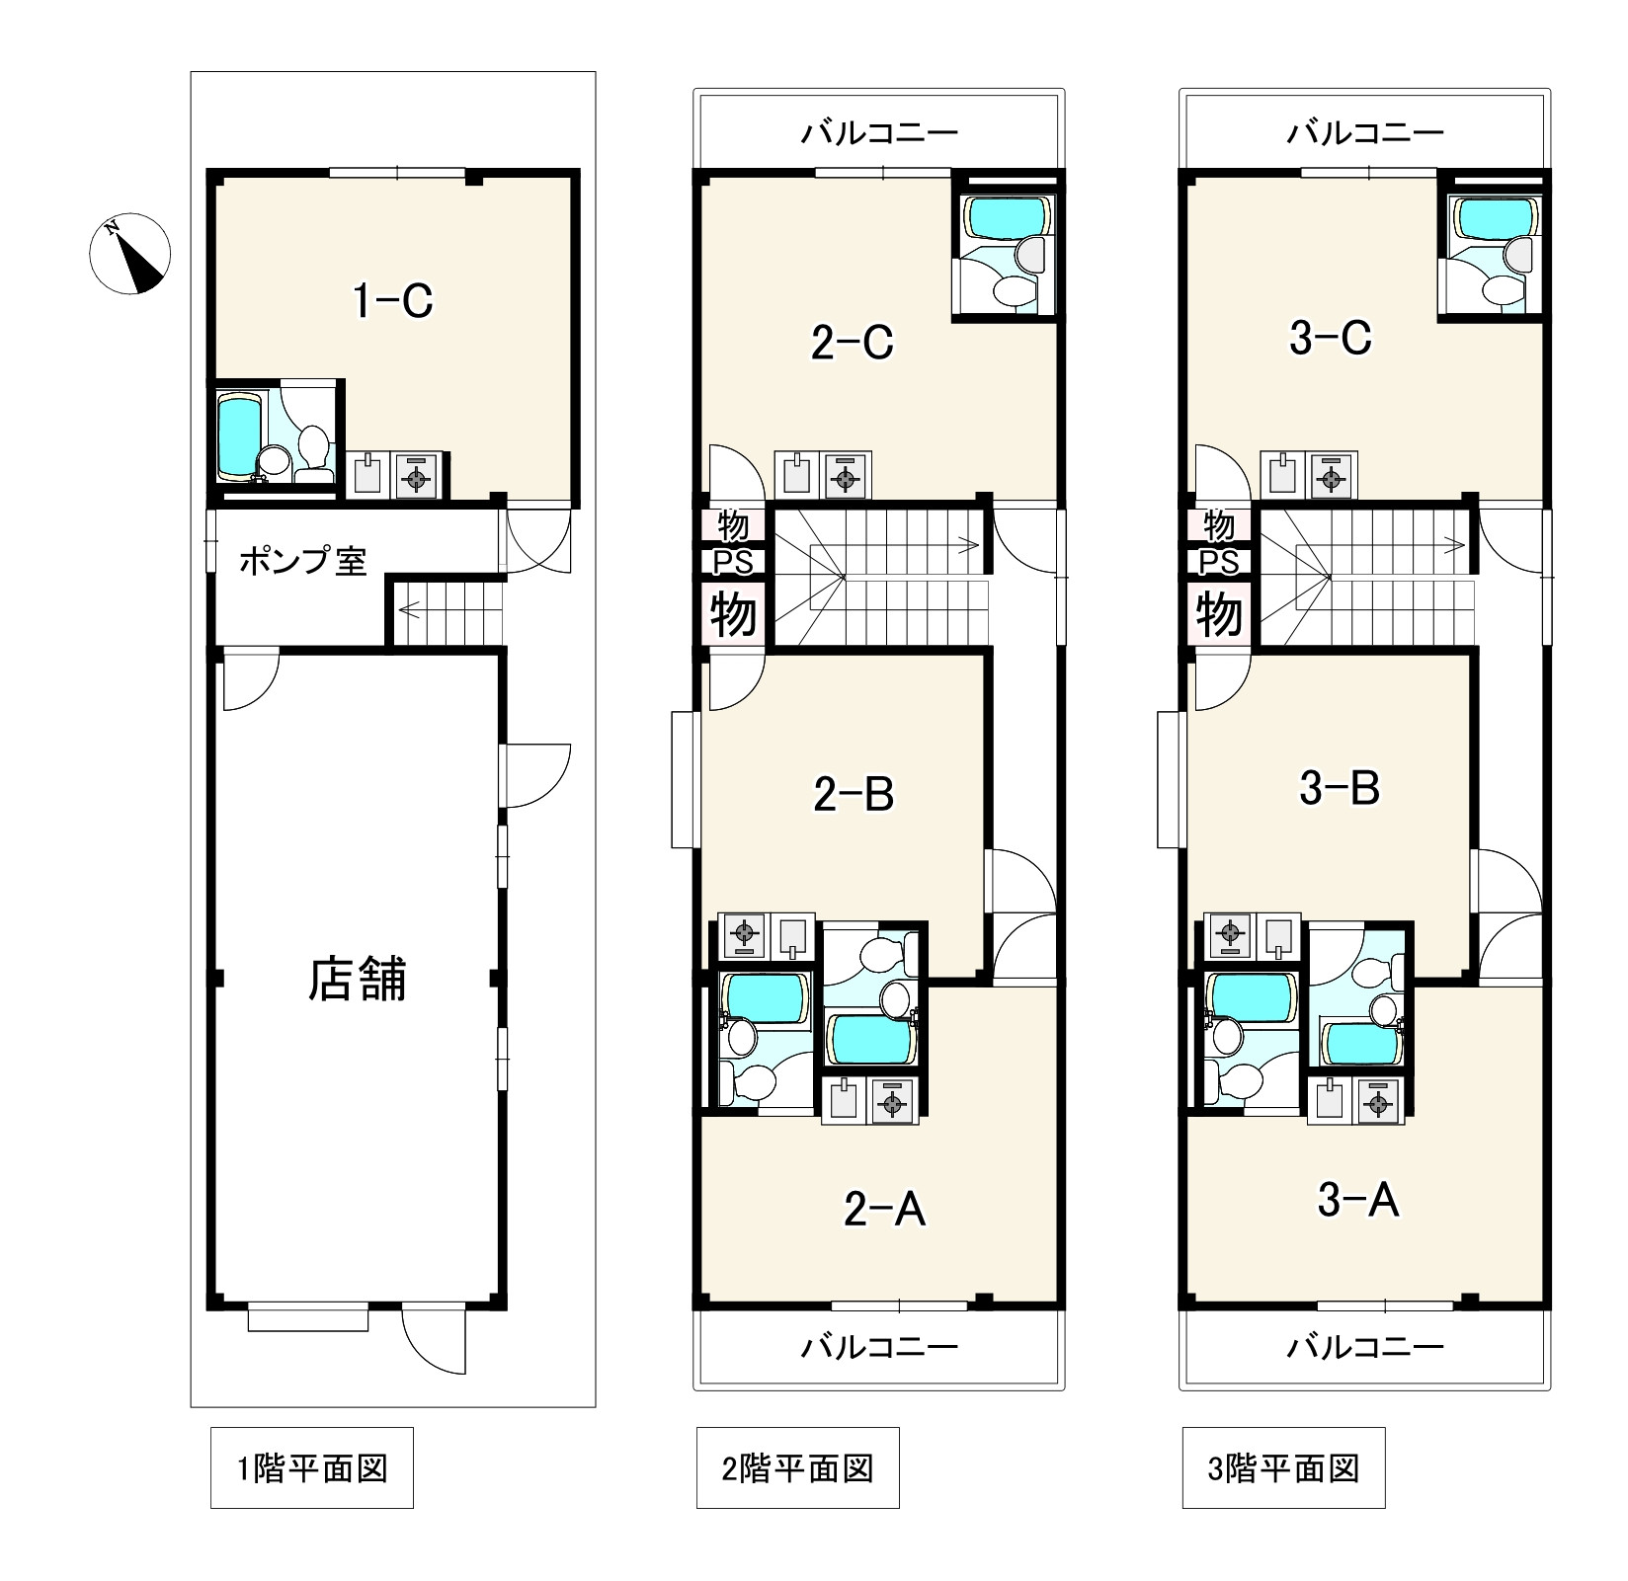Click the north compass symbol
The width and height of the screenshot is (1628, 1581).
[x=130, y=254]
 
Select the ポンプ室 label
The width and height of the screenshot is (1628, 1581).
[x=302, y=562]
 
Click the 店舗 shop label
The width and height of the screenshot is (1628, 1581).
[x=358, y=981]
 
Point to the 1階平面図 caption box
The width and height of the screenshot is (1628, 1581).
[x=312, y=1467]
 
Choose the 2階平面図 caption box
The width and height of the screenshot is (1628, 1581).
[x=798, y=1467]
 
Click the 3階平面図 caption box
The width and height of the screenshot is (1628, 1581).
[x=1284, y=1467]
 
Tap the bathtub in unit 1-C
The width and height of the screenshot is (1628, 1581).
[x=238, y=435]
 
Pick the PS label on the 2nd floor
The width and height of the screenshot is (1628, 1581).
[x=733, y=562]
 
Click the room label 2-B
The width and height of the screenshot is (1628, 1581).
[x=854, y=794]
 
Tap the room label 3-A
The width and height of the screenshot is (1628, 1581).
[x=1358, y=1202]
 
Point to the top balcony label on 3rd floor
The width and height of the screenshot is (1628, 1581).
[x=1365, y=131]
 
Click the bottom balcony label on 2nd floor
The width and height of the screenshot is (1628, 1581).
[x=879, y=1346]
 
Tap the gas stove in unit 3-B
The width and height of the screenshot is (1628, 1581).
[x=1229, y=935]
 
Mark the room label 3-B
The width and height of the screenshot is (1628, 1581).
[x=1340, y=788]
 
